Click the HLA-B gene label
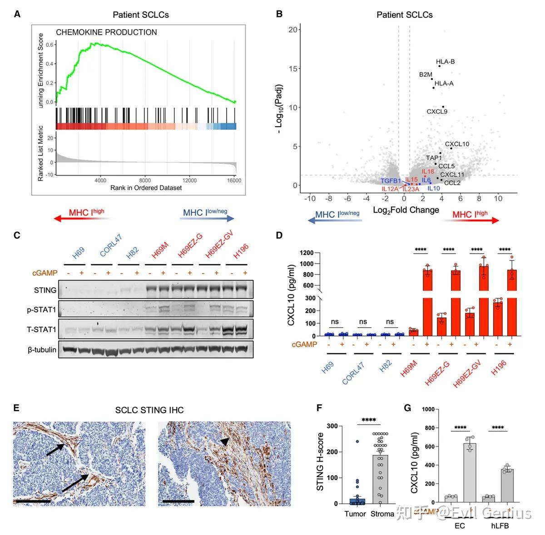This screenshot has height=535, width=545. [x=445, y=62]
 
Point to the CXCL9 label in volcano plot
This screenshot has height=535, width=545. [x=437, y=112]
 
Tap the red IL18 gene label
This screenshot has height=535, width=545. [x=428, y=172]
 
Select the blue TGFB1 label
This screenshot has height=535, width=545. [x=391, y=181]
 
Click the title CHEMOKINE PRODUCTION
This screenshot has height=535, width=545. [x=106, y=32]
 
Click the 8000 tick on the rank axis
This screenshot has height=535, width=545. [x=145, y=180]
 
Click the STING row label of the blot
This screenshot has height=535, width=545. [x=45, y=290]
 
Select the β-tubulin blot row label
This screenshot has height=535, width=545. [x=42, y=349]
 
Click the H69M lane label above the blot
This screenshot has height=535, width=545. [x=160, y=251]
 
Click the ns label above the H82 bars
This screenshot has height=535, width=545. [x=390, y=322]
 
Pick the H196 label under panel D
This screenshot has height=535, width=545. [x=499, y=368]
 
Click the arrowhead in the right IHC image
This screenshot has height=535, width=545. [x=224, y=442]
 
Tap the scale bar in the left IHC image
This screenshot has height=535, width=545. [x=32, y=501]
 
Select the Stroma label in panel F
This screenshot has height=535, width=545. [x=382, y=514]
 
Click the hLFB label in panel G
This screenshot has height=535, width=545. [x=500, y=526]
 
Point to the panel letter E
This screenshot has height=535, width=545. [x=16, y=408]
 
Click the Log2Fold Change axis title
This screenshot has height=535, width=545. [x=406, y=210]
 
